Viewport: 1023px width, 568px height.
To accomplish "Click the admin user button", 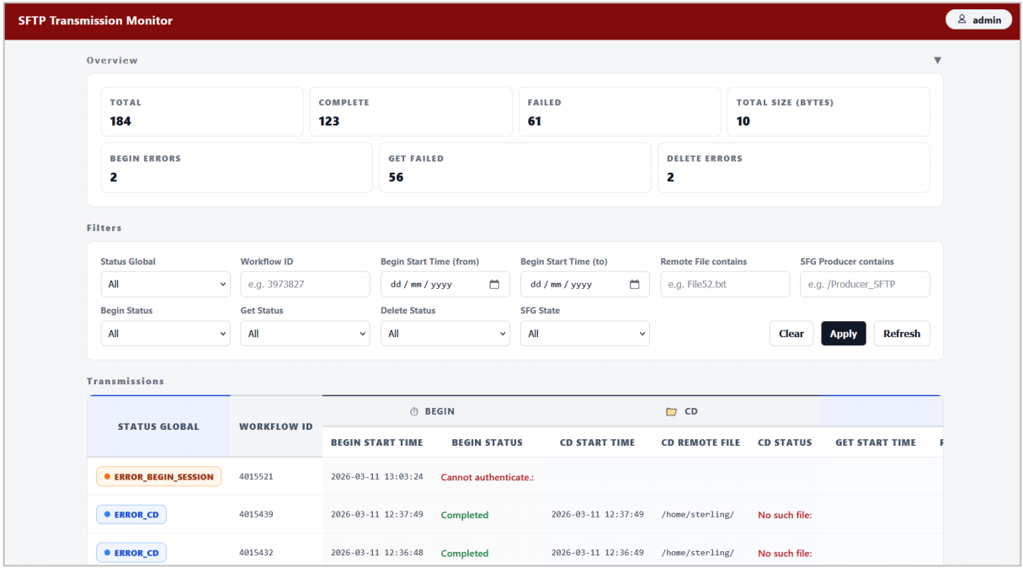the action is (978, 19).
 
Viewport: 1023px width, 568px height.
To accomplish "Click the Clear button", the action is (791, 334).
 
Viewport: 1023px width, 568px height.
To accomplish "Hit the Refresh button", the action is (902, 334).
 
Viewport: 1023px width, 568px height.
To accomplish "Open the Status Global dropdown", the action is (165, 284).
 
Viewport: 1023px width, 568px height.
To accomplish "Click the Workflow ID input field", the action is (305, 284).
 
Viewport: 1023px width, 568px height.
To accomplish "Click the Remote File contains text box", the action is (725, 284).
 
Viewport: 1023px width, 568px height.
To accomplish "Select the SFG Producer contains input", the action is (865, 284).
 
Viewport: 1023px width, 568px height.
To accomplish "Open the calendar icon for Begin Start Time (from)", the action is (494, 284).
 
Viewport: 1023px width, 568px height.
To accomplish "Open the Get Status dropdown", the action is (305, 334).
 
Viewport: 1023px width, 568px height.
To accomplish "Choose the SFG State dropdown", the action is (584, 334).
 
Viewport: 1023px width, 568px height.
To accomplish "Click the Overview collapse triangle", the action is (938, 61).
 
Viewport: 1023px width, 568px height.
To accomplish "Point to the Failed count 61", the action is (535, 121).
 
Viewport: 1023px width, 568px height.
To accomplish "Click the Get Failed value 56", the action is (396, 177).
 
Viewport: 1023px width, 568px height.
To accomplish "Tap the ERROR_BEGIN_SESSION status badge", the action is (158, 477).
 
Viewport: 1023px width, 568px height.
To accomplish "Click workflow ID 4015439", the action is (256, 515).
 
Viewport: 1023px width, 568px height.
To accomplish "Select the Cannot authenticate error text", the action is (487, 477).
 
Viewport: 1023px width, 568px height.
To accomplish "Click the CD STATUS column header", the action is (785, 442).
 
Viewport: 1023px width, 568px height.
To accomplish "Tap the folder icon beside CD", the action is (671, 412).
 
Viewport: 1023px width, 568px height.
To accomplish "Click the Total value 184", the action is (120, 121).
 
